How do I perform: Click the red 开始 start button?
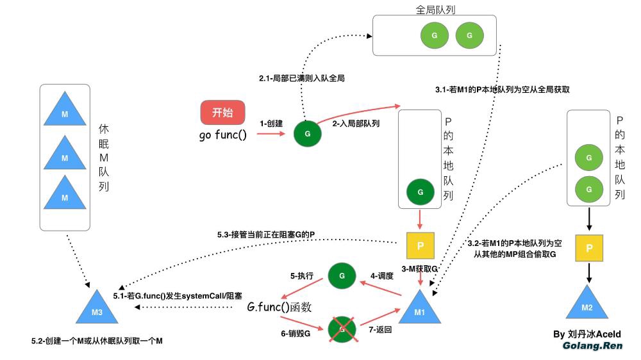[222, 113]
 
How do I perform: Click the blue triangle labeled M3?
[96, 310]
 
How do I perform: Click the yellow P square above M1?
[420, 245]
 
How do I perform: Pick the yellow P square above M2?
[588, 248]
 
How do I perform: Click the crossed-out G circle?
[341, 329]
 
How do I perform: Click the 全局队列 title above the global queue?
[436, 10]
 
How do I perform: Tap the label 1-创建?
[271, 123]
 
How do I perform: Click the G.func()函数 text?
[279, 307]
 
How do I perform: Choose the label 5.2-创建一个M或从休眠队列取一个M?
[97, 341]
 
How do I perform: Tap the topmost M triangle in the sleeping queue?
[65, 111]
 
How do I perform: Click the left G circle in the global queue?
[434, 35]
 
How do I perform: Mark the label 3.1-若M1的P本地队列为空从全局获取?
[502, 90]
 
